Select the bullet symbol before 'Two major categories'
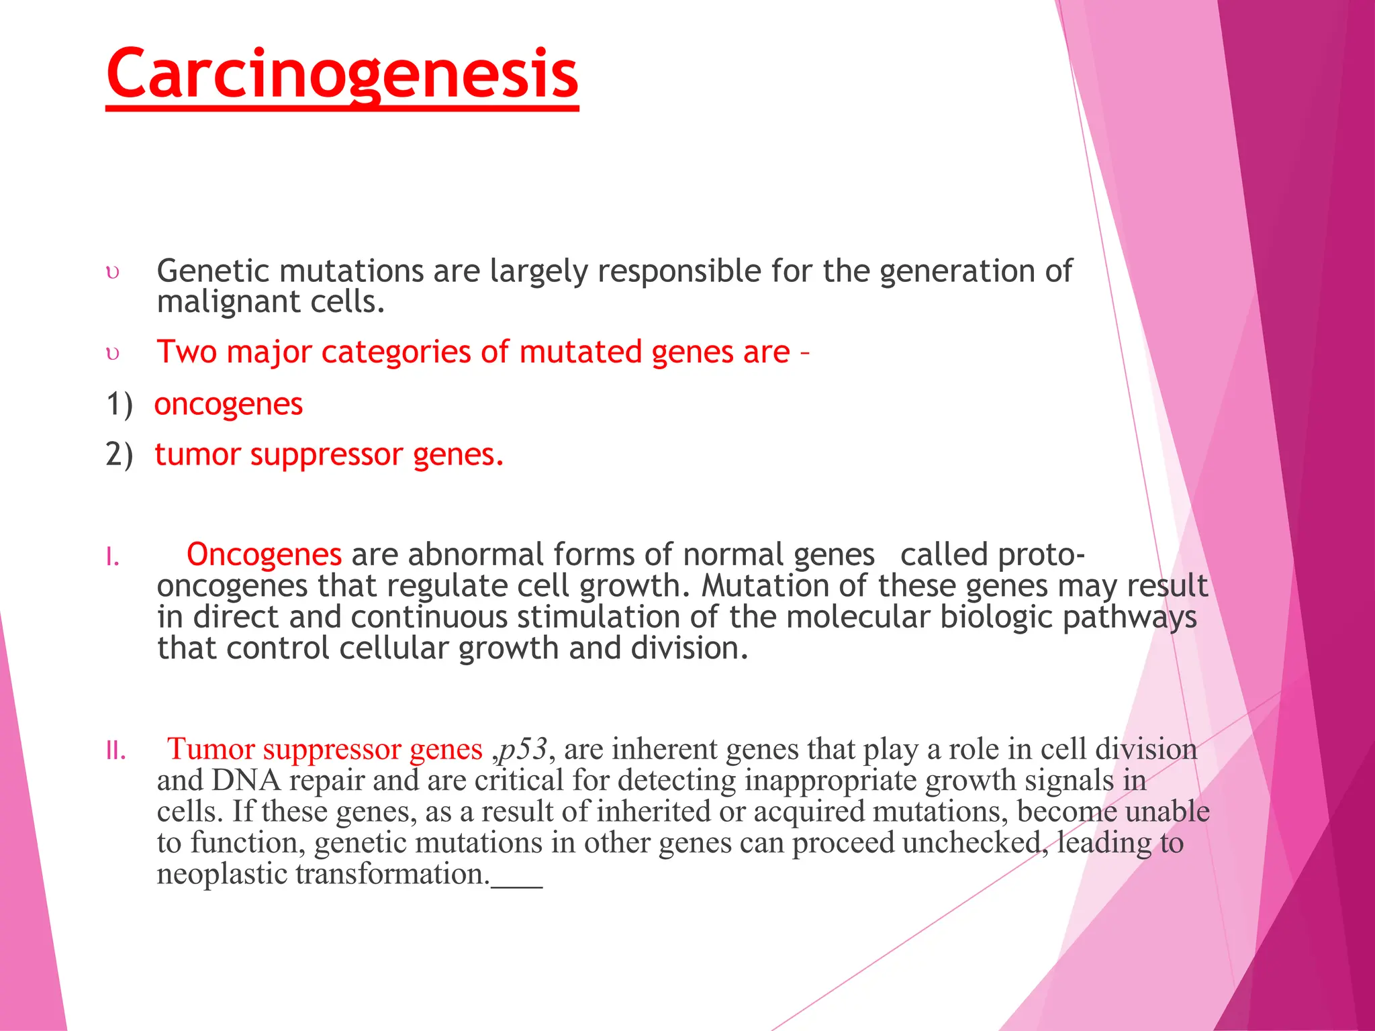click(113, 353)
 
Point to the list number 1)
click(120, 404)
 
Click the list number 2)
click(120, 454)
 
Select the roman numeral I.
click(113, 557)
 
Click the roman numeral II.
click(115, 751)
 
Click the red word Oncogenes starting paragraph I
click(264, 555)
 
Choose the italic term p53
click(524, 749)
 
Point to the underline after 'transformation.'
click(516, 885)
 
